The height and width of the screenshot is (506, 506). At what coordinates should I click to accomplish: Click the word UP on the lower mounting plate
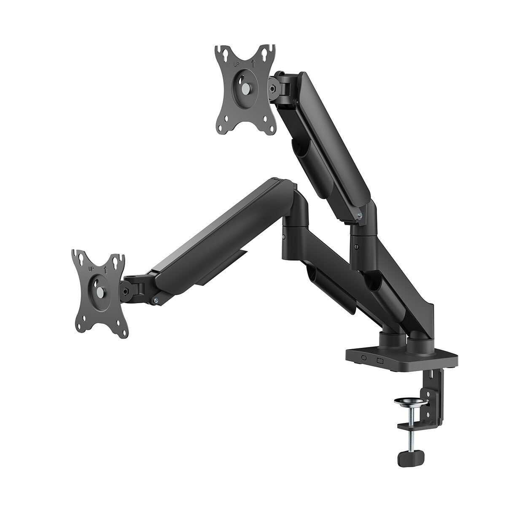[x=91, y=269]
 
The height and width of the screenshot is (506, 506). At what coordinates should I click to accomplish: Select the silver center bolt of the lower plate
[x=100, y=291]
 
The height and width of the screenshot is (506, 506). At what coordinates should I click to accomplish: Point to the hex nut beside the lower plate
[x=125, y=290]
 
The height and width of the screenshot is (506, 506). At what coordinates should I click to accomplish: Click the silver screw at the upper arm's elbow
[x=359, y=216]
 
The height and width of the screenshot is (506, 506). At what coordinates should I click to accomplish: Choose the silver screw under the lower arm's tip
[x=156, y=300]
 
